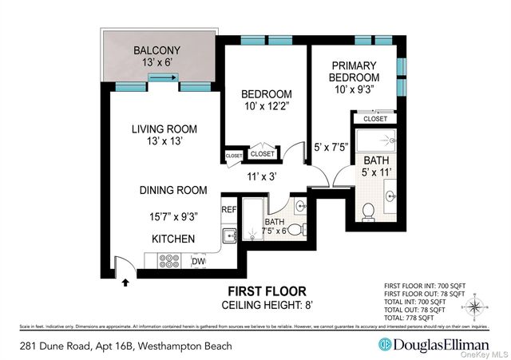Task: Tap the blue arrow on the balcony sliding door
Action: pos(163,77)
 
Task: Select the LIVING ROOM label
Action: pos(164,129)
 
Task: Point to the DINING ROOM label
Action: pos(173,190)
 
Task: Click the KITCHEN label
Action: pos(173,238)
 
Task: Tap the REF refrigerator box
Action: pos(229,209)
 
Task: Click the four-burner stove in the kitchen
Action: pos(170,260)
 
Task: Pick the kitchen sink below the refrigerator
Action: pos(228,235)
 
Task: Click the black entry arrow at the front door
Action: pos(125,281)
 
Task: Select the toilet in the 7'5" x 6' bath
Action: pos(295,230)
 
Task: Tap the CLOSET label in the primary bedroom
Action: pos(374,118)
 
